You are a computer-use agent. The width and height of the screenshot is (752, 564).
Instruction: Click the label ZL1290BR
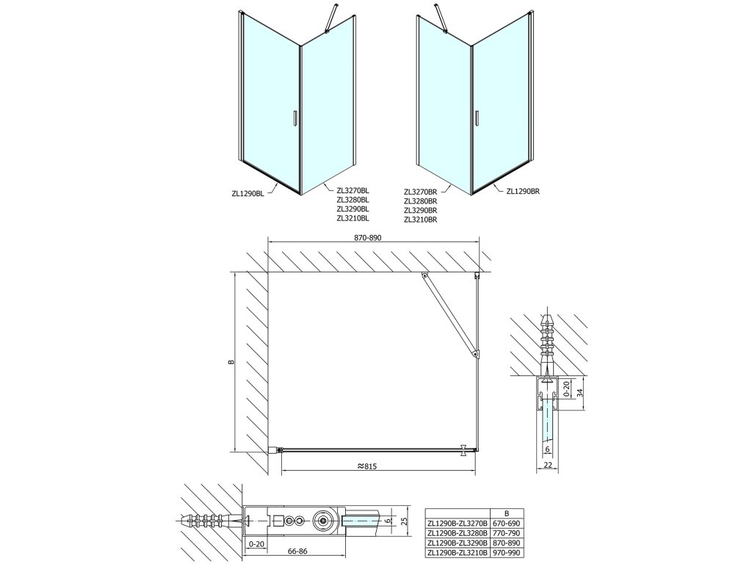click(x=523, y=192)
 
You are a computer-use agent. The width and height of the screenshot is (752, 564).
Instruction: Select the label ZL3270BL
click(x=352, y=190)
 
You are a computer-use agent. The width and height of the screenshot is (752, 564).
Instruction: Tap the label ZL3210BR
click(x=420, y=219)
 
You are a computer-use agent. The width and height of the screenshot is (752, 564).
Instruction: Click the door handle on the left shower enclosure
click(x=294, y=119)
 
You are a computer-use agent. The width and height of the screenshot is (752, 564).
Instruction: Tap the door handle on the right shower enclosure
click(x=477, y=119)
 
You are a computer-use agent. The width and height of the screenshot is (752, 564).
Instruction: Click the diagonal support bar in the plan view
click(x=449, y=316)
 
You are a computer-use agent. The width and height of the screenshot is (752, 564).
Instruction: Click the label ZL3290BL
click(x=352, y=209)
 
